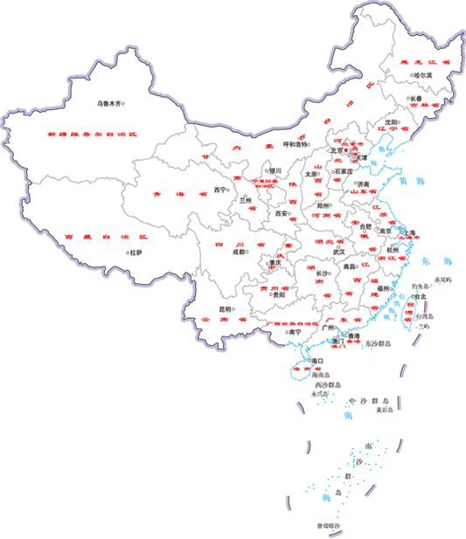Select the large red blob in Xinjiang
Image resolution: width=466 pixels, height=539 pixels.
pyautogui.click(x=87, y=135)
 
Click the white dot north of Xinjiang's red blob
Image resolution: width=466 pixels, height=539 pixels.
pyautogui.click(x=123, y=104)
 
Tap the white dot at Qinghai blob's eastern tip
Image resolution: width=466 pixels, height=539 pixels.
pyautogui.click(x=228, y=190)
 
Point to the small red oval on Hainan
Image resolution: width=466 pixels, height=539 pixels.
pyautogui.click(x=302, y=368)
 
